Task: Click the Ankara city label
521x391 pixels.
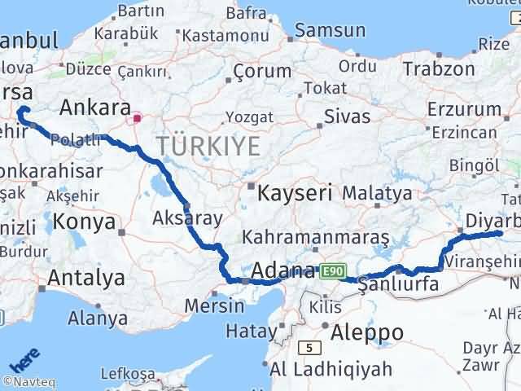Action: pyautogui.click(x=95, y=108)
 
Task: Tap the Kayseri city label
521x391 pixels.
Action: pyautogui.click(x=295, y=194)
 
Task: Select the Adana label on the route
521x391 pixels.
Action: pyautogui.click(x=283, y=270)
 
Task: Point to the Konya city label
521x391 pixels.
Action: pyautogui.click(x=81, y=221)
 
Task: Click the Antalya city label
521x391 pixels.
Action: pyautogui.click(x=85, y=278)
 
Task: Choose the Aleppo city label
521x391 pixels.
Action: pyautogui.click(x=368, y=332)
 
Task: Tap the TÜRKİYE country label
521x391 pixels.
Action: pyautogui.click(x=209, y=147)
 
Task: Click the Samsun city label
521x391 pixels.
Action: pyautogui.click(x=330, y=30)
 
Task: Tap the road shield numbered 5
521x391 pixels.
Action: pyautogui.click(x=309, y=347)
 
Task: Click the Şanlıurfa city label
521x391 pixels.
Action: pyautogui.click(x=393, y=284)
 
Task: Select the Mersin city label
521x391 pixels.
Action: pyautogui.click(x=215, y=306)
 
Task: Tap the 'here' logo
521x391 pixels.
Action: pyautogui.click(x=24, y=359)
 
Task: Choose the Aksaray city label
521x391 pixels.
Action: pyautogui.click(x=177, y=217)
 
